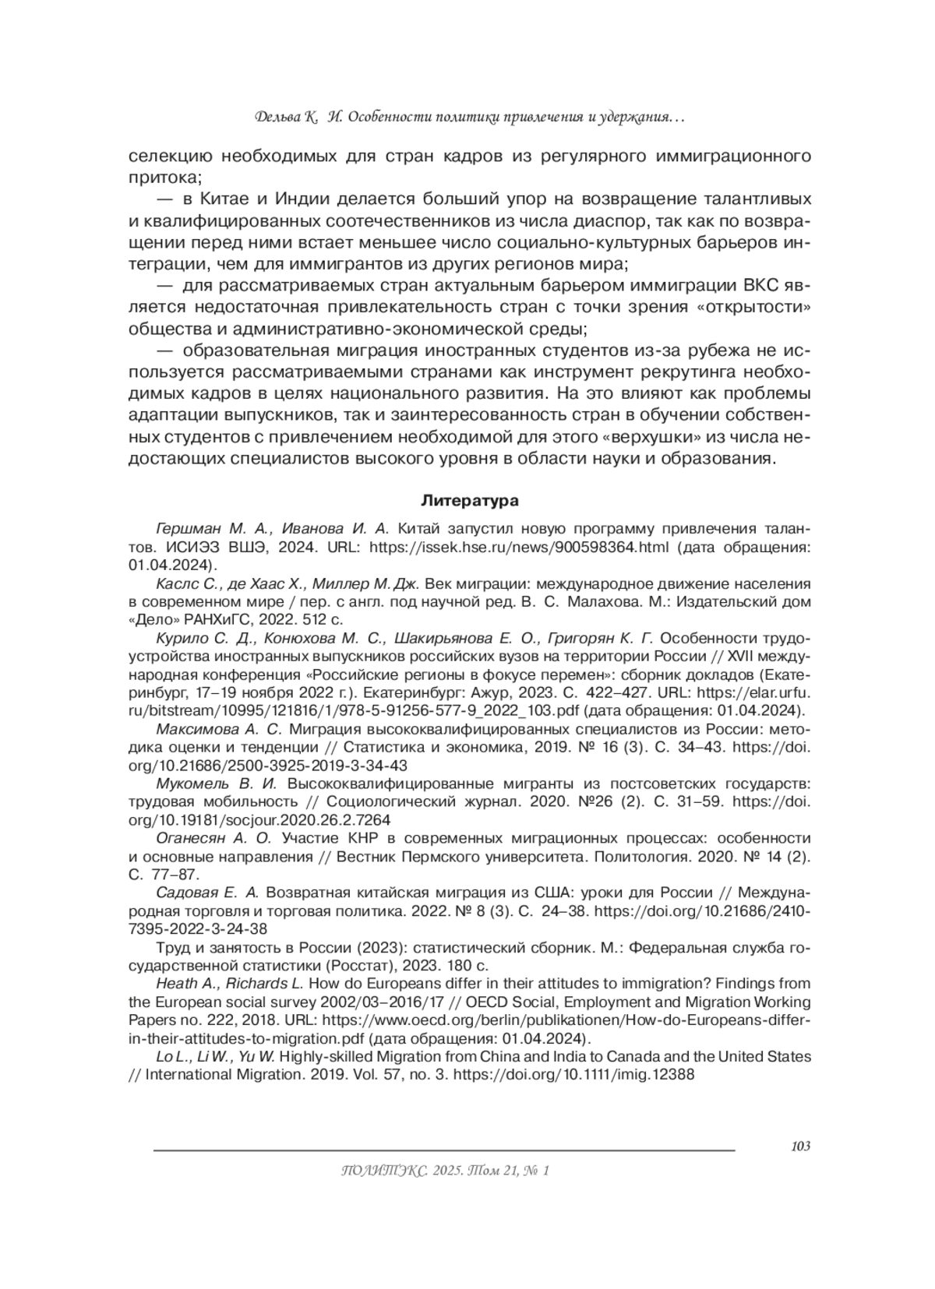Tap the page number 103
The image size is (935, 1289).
click(799, 1146)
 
